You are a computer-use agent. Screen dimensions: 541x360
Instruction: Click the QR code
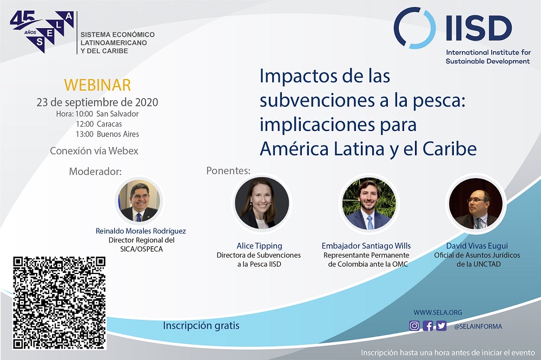pyautogui.click(x=60, y=303)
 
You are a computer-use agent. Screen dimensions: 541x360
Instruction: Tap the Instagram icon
pyautogui.click(x=414, y=326)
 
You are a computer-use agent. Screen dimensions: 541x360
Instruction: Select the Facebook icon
pyautogui.click(x=428, y=326)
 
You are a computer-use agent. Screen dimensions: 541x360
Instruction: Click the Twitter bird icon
pyautogui.click(x=441, y=326)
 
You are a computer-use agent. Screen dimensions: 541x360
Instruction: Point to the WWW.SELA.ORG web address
pyautogui.click(x=438, y=313)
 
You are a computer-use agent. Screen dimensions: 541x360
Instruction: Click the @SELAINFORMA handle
pyautogui.click(x=478, y=326)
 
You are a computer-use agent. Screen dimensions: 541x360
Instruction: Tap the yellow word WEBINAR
pyautogui.click(x=97, y=85)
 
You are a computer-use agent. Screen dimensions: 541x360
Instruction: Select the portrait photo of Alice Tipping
pyautogui.click(x=262, y=202)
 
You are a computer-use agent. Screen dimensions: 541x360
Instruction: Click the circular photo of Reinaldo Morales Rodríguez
pyautogui.click(x=139, y=201)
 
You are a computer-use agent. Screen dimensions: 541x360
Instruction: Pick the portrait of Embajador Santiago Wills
pyautogui.click(x=369, y=204)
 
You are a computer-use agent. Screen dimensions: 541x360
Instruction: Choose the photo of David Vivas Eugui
pyautogui.click(x=476, y=204)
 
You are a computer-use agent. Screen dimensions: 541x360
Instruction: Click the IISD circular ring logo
pyautogui.click(x=414, y=28)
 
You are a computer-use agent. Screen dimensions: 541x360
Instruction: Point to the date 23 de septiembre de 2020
pyautogui.click(x=97, y=102)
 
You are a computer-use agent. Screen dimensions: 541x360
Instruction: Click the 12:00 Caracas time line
pyautogui.click(x=98, y=124)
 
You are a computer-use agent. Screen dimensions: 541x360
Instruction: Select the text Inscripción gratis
pyautogui.click(x=201, y=326)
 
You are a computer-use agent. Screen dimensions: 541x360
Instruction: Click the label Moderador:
pyautogui.click(x=95, y=172)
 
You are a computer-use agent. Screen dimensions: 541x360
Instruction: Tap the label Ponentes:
pyautogui.click(x=228, y=171)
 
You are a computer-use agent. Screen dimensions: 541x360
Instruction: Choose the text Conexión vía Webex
pyautogui.click(x=94, y=151)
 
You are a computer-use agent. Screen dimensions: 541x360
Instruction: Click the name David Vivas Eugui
pyautogui.click(x=477, y=246)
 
